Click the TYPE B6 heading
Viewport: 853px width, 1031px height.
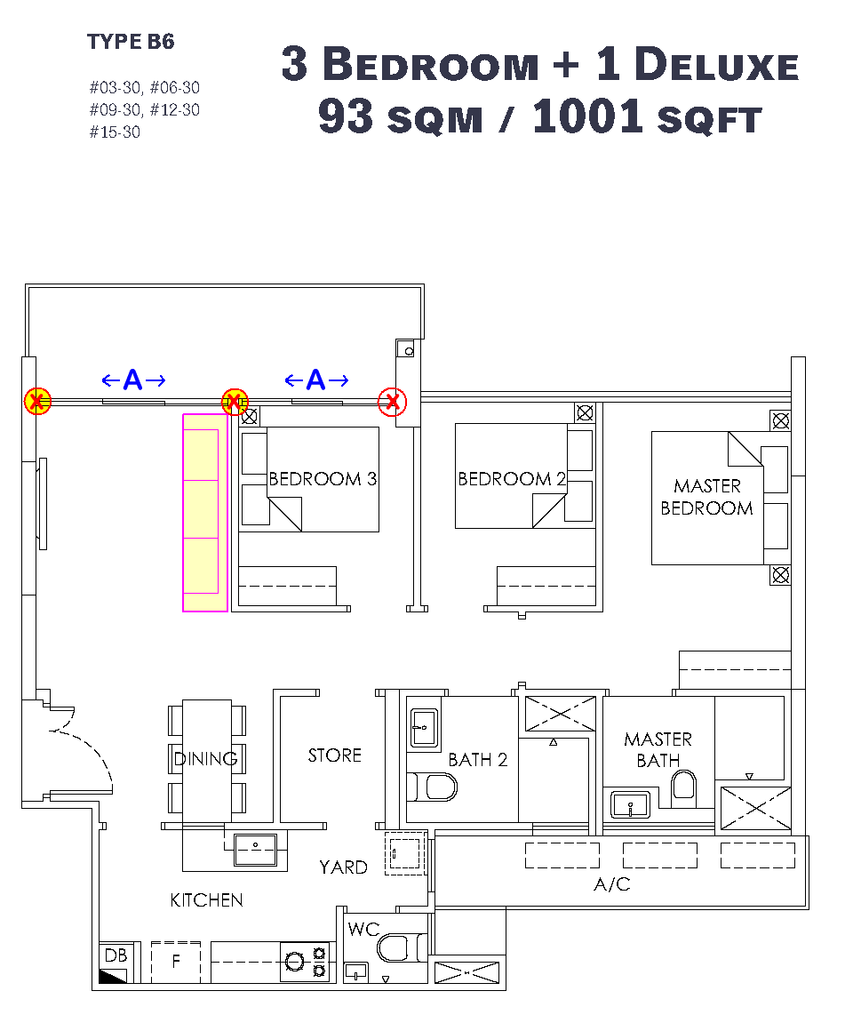tap(131, 42)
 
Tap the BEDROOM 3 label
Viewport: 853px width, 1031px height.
tap(323, 479)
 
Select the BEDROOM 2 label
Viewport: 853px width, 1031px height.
tap(512, 479)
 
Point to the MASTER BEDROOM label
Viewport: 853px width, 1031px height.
tap(707, 497)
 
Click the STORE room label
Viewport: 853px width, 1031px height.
tap(334, 755)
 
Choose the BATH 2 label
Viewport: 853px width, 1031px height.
tap(478, 760)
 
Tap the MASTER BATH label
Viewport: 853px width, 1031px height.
tap(658, 749)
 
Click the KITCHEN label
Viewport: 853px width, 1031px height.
tap(206, 900)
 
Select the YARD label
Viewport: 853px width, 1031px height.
tap(343, 867)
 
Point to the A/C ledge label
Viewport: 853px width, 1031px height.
tap(612, 884)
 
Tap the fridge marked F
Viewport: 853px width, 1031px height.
tap(175, 962)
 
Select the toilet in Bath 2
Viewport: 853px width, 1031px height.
tap(432, 787)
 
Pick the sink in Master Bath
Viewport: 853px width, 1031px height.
tap(630, 804)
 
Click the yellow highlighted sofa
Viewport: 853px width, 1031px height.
tap(205, 513)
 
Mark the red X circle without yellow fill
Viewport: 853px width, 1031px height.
tap(393, 402)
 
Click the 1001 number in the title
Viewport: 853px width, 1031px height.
tap(586, 116)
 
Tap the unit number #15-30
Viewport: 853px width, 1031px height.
tap(115, 132)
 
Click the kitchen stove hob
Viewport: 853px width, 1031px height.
tap(304, 963)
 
